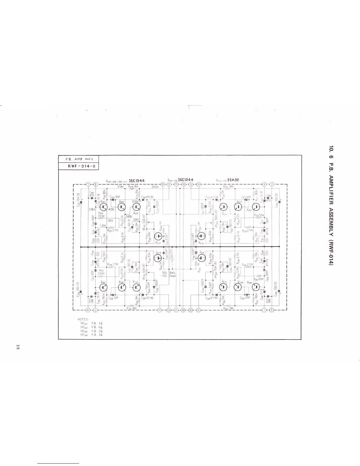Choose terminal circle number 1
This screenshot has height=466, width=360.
pyautogui.click(x=264, y=310)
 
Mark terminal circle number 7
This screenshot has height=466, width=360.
pyautogui.click(x=88, y=184)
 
